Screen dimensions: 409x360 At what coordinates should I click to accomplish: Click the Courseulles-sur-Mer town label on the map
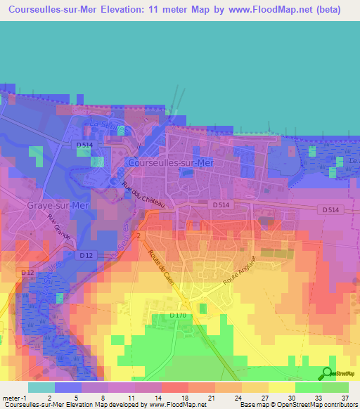coord(172,162)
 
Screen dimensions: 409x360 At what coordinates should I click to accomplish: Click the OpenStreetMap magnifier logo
coord(327,373)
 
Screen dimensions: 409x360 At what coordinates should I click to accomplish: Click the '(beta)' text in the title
coord(328,10)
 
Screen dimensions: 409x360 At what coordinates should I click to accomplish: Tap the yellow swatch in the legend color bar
coord(281,387)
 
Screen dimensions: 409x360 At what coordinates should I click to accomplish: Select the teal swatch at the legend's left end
coord(41,387)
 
